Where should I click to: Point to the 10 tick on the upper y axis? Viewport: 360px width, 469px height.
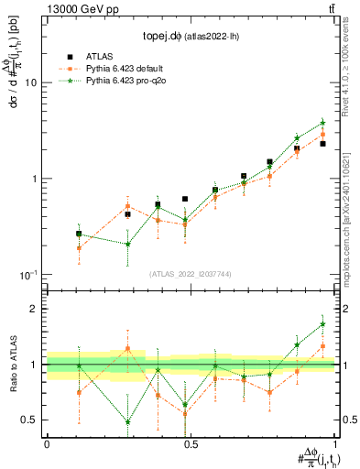coord(35,82)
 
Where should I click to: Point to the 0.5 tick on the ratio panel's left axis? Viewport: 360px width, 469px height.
coord(32,420)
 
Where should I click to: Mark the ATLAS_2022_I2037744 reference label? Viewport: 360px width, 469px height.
coord(191,274)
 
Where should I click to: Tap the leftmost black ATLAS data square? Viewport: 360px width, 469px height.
coord(79,234)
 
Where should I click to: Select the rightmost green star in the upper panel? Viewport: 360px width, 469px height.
coord(322,123)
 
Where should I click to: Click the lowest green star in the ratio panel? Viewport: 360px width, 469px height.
coord(127,422)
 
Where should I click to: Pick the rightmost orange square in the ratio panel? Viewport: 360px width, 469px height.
coord(322,346)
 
